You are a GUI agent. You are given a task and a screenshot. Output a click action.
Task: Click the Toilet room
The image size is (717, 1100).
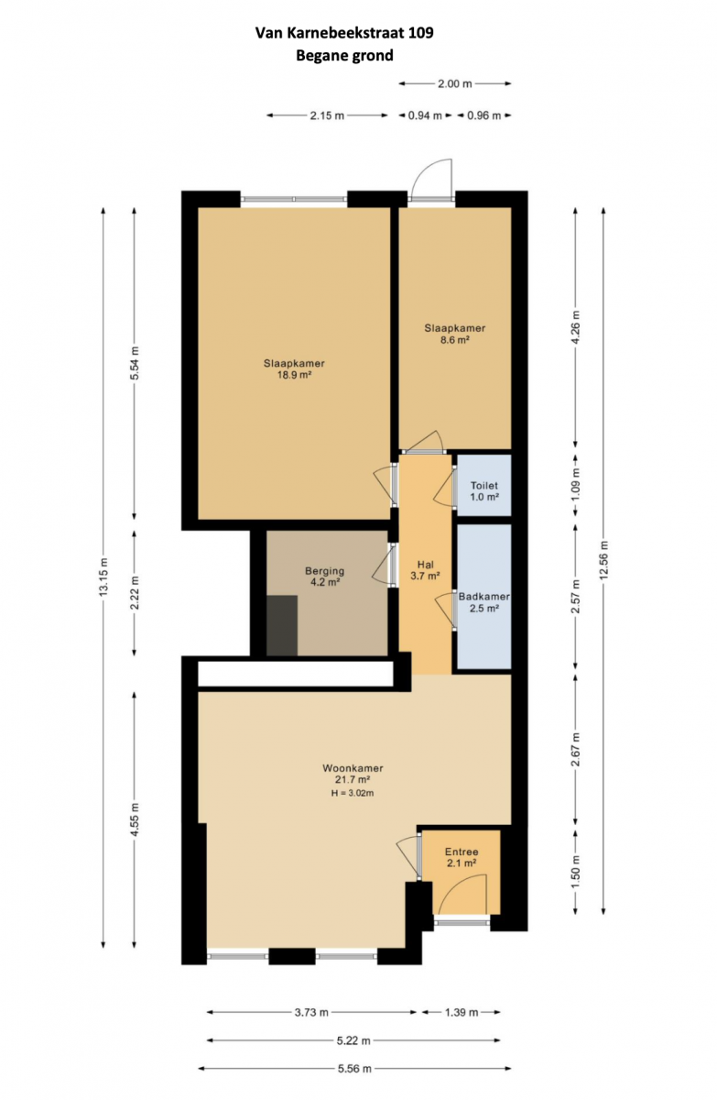point(483,485)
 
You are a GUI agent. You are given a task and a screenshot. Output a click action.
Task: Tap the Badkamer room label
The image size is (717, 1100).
point(483,597)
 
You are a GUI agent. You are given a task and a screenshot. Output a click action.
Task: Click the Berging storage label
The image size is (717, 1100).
point(324,571)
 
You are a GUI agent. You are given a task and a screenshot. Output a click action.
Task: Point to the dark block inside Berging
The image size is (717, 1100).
point(282,625)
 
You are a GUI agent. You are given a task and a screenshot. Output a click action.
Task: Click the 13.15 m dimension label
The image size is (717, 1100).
point(103,577)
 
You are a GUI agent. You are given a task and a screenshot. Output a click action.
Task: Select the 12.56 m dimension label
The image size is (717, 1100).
point(603,560)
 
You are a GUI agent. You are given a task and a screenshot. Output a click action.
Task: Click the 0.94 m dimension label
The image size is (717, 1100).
point(425,115)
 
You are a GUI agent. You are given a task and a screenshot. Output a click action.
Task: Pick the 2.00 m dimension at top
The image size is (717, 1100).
point(454,84)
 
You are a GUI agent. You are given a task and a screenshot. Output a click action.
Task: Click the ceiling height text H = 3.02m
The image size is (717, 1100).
point(353,793)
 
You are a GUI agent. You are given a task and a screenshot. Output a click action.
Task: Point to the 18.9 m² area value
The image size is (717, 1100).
point(295,375)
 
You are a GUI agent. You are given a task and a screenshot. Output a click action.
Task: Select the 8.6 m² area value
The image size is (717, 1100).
point(454,339)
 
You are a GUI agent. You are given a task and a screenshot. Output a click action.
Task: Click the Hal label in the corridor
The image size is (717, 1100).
point(425,565)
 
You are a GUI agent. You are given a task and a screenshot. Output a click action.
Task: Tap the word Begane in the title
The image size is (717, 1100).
point(318,56)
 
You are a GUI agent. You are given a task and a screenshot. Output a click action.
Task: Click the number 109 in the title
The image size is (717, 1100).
point(421,33)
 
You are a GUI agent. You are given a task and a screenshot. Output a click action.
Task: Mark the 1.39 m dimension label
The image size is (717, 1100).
point(461,1012)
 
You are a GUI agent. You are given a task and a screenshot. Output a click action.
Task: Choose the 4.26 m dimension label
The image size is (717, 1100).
point(576,327)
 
